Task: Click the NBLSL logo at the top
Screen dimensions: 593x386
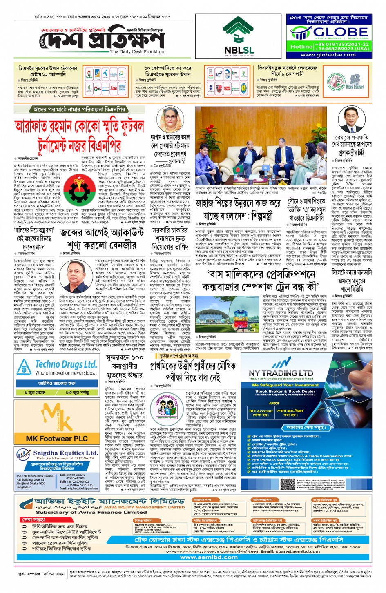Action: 239,37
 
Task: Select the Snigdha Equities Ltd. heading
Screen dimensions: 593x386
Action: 65,453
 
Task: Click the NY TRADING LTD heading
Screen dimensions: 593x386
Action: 281,373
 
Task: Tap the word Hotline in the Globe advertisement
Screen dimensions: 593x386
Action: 301,47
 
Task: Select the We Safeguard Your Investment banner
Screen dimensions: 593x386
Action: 285,385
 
